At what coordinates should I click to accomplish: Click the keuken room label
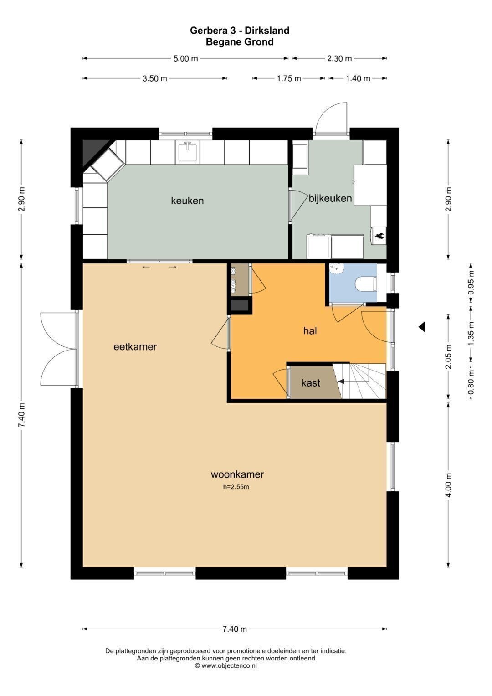187,201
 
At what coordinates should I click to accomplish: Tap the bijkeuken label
330,199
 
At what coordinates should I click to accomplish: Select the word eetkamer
135,347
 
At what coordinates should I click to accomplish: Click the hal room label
310,331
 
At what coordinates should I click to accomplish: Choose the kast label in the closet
311,383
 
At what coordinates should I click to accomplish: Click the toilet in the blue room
366,284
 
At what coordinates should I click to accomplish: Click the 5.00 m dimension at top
185,58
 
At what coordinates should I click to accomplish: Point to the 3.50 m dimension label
155,78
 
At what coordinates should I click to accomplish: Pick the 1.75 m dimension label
289,78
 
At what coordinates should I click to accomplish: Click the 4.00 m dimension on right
449,485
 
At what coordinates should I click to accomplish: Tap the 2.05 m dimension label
449,356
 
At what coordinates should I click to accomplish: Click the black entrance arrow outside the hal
422,327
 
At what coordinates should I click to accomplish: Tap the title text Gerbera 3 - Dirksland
240,31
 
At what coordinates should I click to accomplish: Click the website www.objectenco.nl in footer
229,666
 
